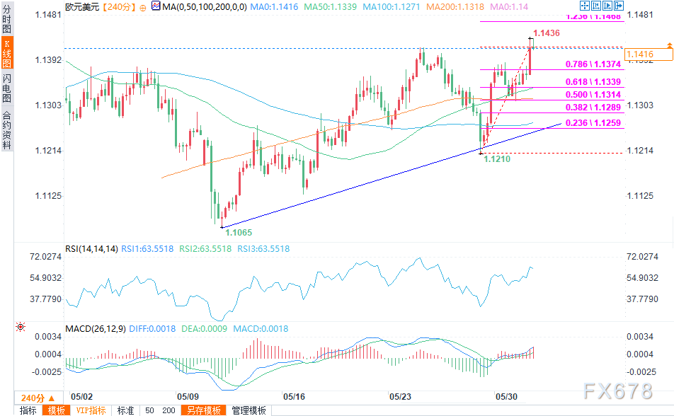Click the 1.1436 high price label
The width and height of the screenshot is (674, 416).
coord(547,33)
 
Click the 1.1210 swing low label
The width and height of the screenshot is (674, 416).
coord(496,160)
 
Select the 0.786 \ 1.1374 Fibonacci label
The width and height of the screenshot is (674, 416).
coord(593,64)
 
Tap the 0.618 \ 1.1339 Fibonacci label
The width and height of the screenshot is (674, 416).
coord(593,82)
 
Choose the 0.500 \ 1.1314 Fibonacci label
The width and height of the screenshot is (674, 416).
coord(593,95)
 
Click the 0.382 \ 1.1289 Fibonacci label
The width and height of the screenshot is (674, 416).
coord(593,108)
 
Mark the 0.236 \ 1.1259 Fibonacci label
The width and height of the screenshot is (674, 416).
coord(593,122)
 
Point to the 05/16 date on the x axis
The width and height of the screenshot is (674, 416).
coord(293,396)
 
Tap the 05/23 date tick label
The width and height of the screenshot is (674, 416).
coord(400,396)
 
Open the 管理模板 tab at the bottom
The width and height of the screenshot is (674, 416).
coord(249,410)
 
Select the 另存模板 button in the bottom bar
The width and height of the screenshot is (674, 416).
coord(203,410)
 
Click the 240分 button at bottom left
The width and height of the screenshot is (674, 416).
coord(33,396)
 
